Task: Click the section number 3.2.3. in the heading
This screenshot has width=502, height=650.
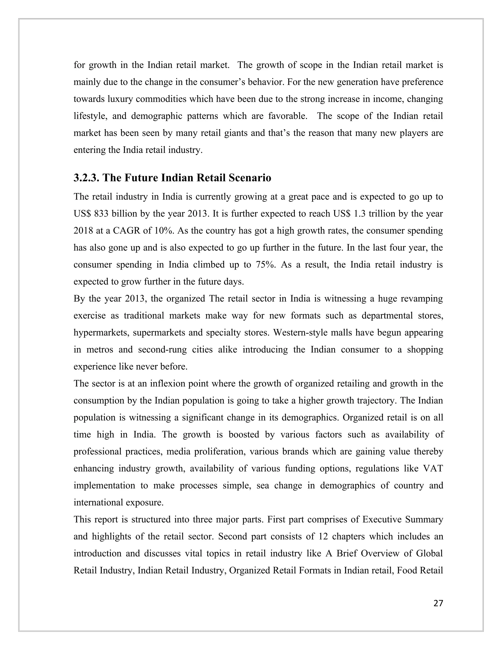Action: [x=86, y=178]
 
